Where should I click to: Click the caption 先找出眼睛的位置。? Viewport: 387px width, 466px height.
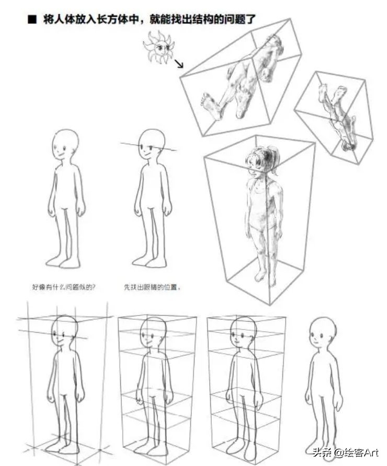(152, 287)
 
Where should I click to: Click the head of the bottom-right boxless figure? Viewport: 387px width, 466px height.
(322, 332)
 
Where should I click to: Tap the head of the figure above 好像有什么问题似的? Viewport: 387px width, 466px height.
(65, 145)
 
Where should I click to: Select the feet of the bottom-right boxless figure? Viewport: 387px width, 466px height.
(323, 448)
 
